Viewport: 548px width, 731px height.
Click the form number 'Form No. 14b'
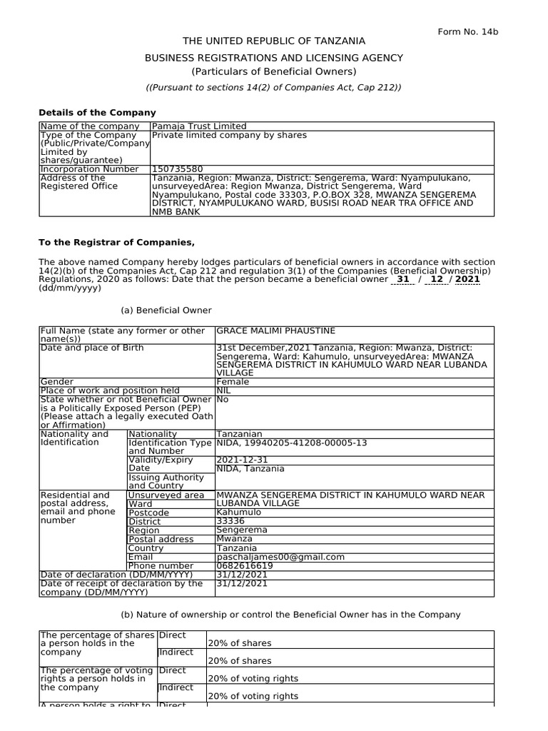click(x=467, y=31)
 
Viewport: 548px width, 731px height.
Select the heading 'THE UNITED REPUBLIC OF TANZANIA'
click(x=274, y=41)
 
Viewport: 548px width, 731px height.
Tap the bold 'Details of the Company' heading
click(x=97, y=113)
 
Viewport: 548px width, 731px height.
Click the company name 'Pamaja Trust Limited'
click(x=199, y=126)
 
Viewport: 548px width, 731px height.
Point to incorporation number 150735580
click(x=178, y=169)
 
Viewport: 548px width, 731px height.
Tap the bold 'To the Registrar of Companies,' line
click(x=116, y=243)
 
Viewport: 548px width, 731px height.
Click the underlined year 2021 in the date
click(x=467, y=280)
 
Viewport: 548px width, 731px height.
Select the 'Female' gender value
click(x=233, y=382)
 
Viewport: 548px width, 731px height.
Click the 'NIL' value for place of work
click(x=223, y=390)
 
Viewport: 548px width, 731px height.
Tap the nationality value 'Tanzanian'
click(x=239, y=433)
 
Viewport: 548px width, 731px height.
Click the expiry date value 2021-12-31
click(x=242, y=460)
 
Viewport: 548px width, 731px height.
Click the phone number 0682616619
click(x=244, y=565)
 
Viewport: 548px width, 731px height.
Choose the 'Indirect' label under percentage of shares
click(x=176, y=652)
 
